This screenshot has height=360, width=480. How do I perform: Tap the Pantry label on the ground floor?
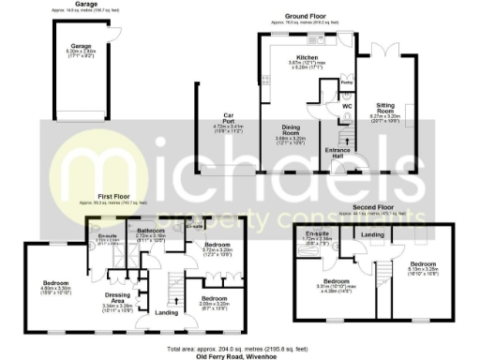point(346,83)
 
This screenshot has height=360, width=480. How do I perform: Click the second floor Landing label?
point(373,234)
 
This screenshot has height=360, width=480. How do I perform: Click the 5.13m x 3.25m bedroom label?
point(423,264)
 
